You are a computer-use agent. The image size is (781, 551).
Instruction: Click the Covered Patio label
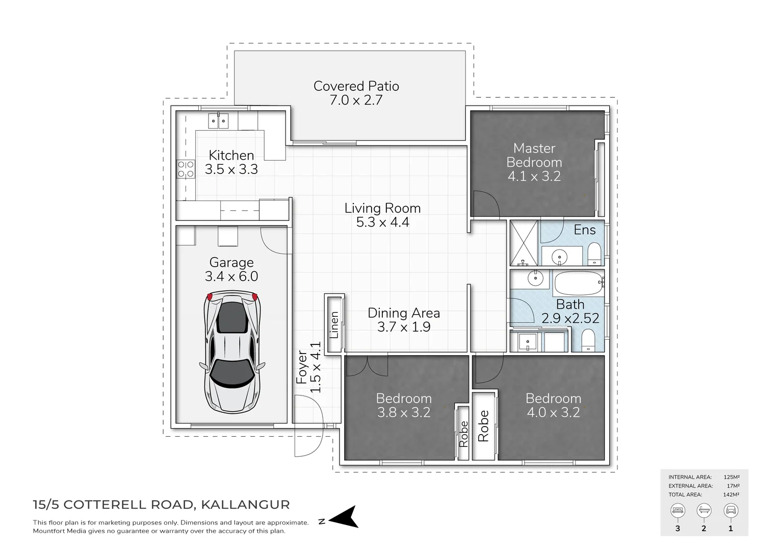coord(356,86)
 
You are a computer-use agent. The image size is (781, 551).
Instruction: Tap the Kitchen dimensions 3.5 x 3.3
coord(231,169)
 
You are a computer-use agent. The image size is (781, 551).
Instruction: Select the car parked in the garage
coord(232,352)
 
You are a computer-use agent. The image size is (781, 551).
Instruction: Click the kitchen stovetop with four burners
coord(186,169)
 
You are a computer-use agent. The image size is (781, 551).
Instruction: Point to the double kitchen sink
coord(218,121)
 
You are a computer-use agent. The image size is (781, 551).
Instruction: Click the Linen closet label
coord(334,324)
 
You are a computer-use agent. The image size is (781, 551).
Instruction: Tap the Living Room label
coord(382,208)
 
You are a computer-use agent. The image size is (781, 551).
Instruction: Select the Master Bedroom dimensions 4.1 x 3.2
coord(534,177)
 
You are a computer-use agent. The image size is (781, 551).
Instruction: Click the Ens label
coord(584,230)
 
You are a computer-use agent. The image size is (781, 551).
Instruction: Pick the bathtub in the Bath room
coord(579,283)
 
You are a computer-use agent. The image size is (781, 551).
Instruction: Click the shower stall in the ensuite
coord(524,242)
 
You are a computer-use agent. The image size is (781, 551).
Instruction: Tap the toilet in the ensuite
coord(594,254)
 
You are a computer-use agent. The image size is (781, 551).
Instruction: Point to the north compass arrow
coord(344,517)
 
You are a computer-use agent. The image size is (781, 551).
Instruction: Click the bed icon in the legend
coord(678,510)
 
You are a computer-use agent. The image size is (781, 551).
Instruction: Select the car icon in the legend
coord(731,510)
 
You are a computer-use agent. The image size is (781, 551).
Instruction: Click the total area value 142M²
coord(731,494)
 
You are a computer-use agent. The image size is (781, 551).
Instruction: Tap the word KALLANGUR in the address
coord(245,505)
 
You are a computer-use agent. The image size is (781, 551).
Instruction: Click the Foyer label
coord(302,367)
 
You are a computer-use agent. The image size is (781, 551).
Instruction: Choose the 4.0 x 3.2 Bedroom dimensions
coord(553,412)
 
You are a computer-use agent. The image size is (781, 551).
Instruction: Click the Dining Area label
coord(403,313)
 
